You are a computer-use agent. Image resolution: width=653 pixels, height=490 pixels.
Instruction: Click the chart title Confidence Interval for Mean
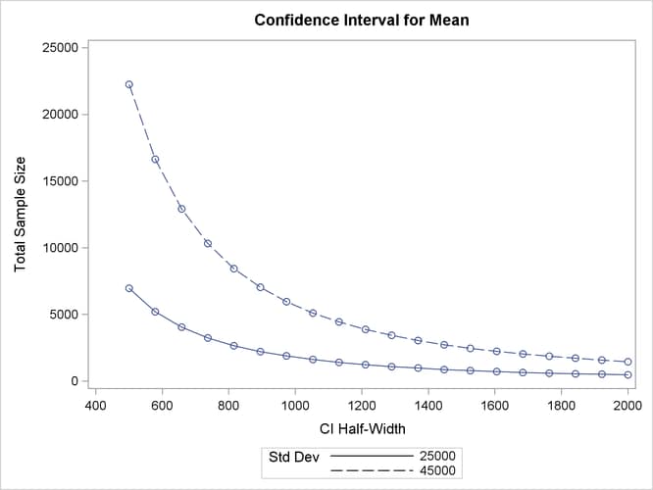[x=362, y=20]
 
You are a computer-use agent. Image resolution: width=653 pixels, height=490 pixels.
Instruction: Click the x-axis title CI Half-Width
[x=362, y=428]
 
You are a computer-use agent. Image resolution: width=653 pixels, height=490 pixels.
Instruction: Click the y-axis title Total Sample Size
[x=21, y=214]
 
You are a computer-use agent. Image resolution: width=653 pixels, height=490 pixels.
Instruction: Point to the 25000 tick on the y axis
[x=63, y=47]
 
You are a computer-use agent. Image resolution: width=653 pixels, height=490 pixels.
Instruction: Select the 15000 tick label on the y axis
[x=63, y=181]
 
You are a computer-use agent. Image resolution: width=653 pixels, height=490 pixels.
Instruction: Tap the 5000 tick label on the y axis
[x=66, y=315]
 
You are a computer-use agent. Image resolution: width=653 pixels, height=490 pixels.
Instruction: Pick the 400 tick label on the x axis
[x=95, y=403]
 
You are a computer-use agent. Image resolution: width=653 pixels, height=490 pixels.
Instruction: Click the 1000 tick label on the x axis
[x=295, y=403]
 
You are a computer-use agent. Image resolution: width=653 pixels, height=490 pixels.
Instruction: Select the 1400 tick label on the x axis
[x=428, y=403]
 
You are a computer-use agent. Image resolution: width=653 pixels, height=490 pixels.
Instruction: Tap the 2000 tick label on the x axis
[x=628, y=403]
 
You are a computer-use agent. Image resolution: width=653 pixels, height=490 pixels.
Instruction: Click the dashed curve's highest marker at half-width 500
[x=128, y=84]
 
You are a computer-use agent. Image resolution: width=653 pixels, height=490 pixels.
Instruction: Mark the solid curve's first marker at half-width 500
[x=128, y=288]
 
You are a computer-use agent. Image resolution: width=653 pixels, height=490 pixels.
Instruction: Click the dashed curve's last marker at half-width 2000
[x=628, y=362]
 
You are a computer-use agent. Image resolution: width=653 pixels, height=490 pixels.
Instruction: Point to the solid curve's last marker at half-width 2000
[x=628, y=375]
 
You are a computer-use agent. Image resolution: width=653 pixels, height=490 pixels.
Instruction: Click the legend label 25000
[x=437, y=457]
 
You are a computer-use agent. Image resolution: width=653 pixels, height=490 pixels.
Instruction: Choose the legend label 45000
[x=437, y=471]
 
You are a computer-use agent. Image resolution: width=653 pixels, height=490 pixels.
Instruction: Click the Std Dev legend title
[x=292, y=457]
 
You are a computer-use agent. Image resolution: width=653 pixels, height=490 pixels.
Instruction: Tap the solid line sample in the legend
[x=373, y=457]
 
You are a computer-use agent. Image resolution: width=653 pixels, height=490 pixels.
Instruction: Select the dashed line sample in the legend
[x=373, y=471]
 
